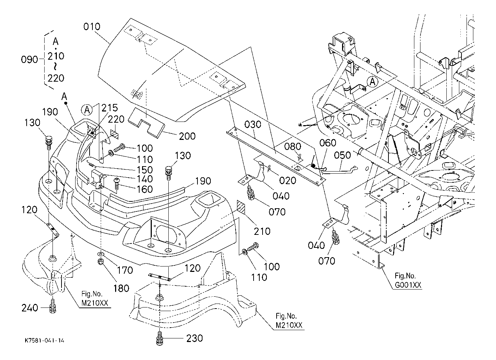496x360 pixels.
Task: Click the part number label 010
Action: (x=92, y=27)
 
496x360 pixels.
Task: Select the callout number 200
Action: (x=187, y=136)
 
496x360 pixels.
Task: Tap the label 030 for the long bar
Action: (x=252, y=125)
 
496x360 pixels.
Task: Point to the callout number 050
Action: (x=342, y=155)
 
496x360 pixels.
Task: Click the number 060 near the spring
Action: (x=328, y=143)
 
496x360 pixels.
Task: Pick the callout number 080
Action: (x=292, y=146)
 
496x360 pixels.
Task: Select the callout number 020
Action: (x=287, y=181)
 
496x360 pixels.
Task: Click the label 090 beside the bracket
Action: (x=29, y=60)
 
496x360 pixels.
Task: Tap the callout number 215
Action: (x=110, y=108)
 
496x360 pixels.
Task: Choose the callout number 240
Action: (x=29, y=308)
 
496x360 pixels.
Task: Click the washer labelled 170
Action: (x=101, y=253)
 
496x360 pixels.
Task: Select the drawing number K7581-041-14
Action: (x=45, y=341)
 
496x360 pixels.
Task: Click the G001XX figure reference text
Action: (x=408, y=285)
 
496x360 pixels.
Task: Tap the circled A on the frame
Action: (x=373, y=82)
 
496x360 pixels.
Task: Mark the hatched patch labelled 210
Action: (x=241, y=208)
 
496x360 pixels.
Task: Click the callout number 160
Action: (x=145, y=189)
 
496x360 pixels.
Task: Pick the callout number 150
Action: (x=145, y=170)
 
